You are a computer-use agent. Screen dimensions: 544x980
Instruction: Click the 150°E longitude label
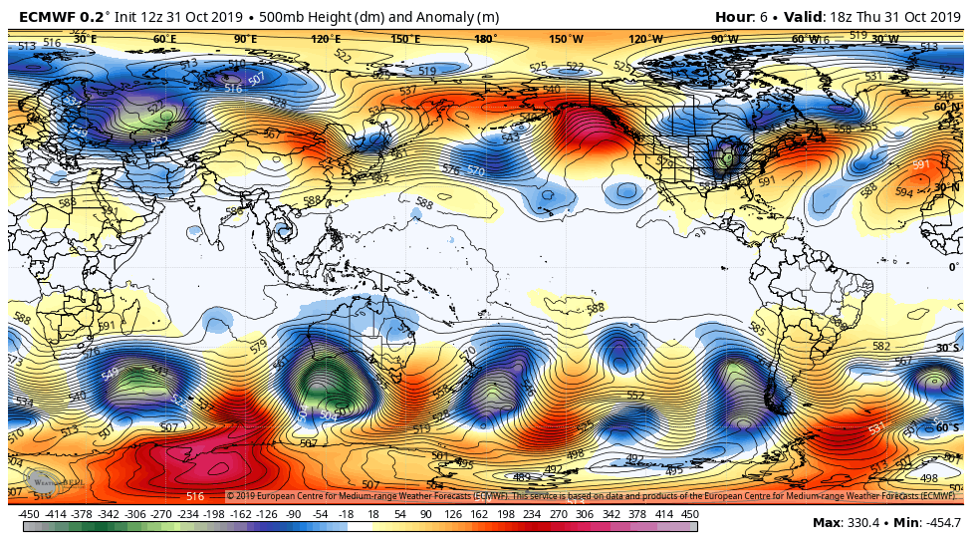[x=403, y=39]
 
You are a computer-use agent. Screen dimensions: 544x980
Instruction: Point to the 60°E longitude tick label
[x=164, y=39]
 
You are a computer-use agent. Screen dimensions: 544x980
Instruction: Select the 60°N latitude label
[x=947, y=107]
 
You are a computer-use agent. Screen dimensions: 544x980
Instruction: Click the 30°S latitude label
[x=947, y=348]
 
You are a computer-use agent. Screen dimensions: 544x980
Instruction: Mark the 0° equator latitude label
[x=953, y=267]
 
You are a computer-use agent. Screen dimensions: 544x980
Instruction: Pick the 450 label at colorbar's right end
[x=689, y=514]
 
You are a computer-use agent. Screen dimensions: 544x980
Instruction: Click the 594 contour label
[x=903, y=192]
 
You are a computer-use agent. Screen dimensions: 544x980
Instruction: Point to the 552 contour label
[x=635, y=396]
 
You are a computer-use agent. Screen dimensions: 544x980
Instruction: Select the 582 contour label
[x=881, y=346]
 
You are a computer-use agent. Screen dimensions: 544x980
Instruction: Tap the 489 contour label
[x=521, y=477]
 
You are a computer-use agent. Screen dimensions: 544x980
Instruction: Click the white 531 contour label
[x=877, y=428]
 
